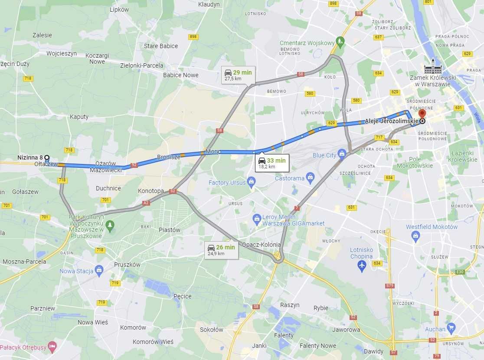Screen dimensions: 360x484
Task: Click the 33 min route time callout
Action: coord(272,163)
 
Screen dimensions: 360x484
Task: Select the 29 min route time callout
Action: coord(238,75)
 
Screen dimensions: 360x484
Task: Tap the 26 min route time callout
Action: coord(221,250)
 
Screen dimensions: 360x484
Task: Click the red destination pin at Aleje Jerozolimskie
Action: coord(422,113)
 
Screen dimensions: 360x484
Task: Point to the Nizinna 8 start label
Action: coord(30,157)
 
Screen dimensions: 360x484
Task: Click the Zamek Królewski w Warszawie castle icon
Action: coord(433,68)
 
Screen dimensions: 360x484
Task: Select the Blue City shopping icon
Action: coord(342,154)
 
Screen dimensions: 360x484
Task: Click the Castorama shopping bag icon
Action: coord(310,177)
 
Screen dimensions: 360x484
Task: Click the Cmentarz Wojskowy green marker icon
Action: coord(340,42)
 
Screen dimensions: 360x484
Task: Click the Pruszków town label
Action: coord(127,265)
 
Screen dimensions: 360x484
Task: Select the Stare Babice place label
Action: coord(161,46)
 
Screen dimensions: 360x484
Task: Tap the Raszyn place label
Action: coord(290,305)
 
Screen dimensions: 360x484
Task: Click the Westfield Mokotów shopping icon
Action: coord(416,236)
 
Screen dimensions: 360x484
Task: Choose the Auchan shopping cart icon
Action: coord(451,327)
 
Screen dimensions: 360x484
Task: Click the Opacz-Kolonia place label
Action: coord(262,245)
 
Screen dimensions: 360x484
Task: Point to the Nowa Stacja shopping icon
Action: coord(99,270)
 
